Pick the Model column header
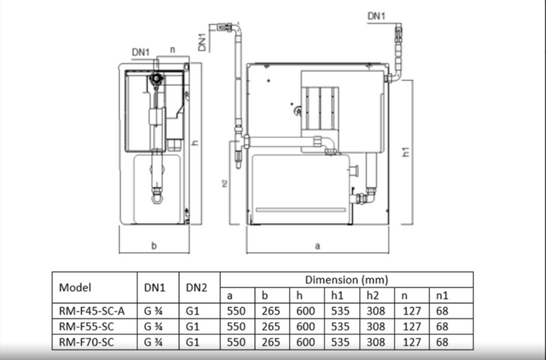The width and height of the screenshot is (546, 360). [75, 288]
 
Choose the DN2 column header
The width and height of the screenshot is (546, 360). [197, 288]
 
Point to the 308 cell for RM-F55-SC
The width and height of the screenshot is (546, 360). [376, 325]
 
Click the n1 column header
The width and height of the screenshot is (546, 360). [440, 296]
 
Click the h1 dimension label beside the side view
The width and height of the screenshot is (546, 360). [406, 152]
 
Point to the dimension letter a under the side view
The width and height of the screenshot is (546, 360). [317, 246]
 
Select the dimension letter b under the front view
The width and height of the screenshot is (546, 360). [154, 245]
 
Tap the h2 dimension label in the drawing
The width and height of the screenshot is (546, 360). [225, 184]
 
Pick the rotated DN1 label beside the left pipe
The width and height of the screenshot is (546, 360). [202, 41]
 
